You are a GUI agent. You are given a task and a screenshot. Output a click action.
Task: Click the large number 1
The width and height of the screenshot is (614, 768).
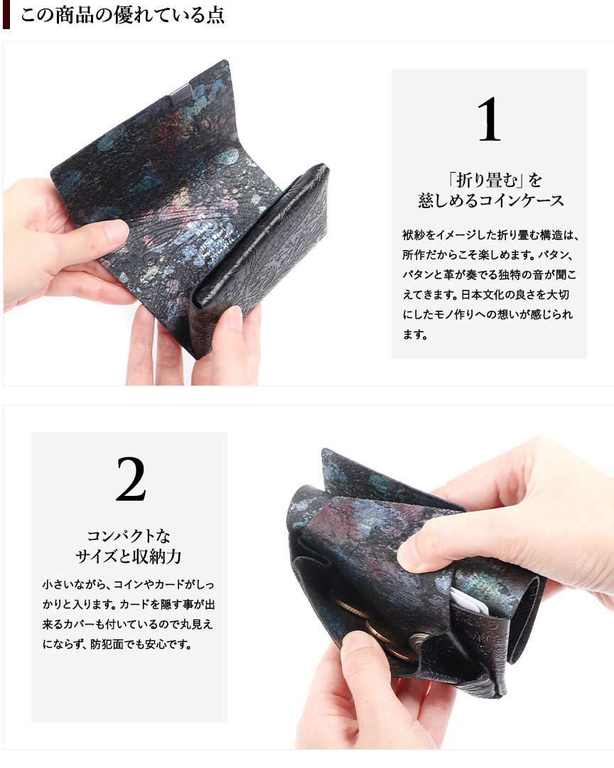click(x=489, y=119)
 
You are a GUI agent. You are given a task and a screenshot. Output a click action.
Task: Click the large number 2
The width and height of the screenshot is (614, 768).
click(x=131, y=479)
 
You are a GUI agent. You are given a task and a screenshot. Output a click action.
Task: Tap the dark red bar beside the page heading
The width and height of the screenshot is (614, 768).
click(x=6, y=14)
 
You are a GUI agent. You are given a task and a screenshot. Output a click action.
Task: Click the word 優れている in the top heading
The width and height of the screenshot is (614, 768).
click(x=159, y=15)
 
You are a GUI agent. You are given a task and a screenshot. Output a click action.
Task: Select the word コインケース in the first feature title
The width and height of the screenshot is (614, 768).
click(x=521, y=200)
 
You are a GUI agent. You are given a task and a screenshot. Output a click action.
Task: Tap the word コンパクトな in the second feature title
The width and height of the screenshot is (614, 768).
click(x=129, y=536)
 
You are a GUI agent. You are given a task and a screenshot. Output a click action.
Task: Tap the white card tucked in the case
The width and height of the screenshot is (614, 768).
click(x=470, y=602)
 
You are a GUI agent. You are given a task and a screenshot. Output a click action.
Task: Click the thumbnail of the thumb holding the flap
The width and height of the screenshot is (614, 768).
click(x=116, y=232)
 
